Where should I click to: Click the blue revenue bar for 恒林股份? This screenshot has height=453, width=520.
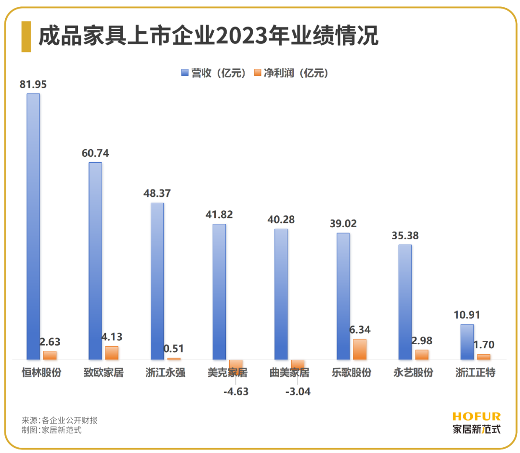[x=33, y=226]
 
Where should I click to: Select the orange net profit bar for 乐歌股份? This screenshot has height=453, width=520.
[x=359, y=349]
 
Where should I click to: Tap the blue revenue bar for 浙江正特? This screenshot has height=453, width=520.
[x=467, y=342]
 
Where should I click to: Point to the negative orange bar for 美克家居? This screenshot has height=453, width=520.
[x=235, y=364]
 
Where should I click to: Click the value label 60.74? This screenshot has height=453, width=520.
[x=95, y=154]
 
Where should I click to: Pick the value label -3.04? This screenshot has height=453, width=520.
[x=298, y=391]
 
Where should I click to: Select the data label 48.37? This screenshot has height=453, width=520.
[x=157, y=194]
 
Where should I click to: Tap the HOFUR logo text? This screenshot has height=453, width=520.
[x=477, y=416]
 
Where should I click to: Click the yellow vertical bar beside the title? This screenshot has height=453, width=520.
[x=26, y=36]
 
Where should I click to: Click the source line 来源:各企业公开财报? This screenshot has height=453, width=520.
[x=60, y=420]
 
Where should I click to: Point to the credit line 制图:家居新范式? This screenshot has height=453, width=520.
[x=52, y=430]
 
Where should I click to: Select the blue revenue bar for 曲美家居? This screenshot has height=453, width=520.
[x=281, y=294]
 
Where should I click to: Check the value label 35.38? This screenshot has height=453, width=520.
[x=405, y=236]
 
